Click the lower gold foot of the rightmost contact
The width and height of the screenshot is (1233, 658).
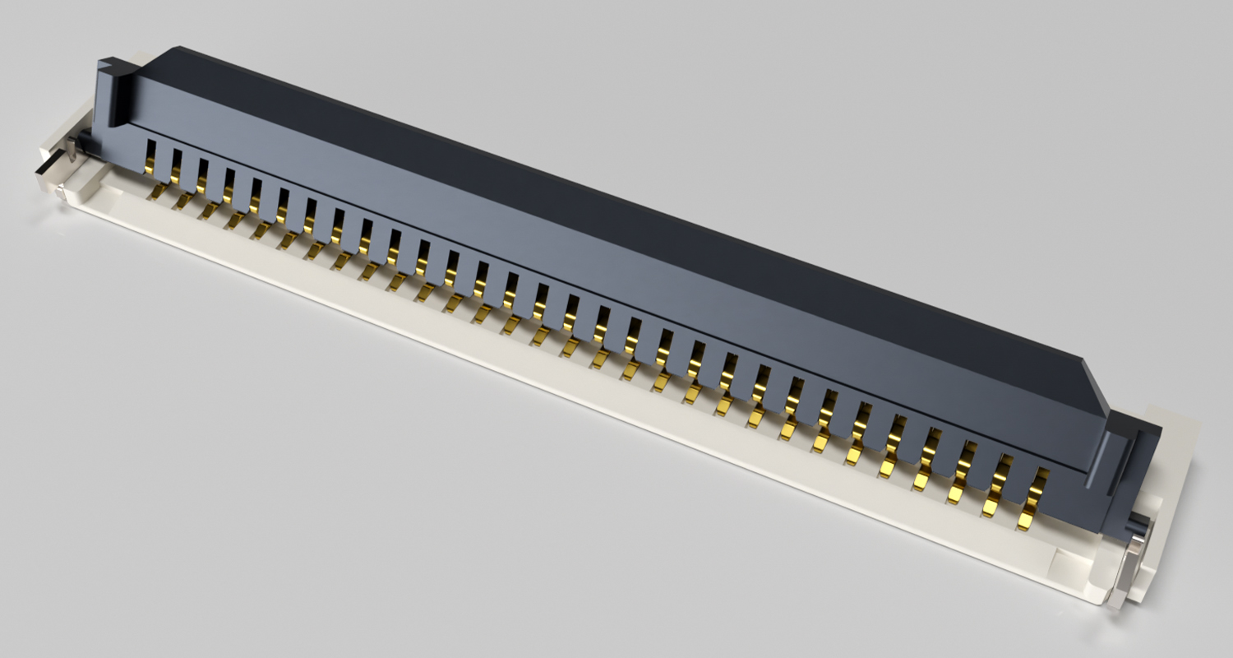click(x=1026, y=521)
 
